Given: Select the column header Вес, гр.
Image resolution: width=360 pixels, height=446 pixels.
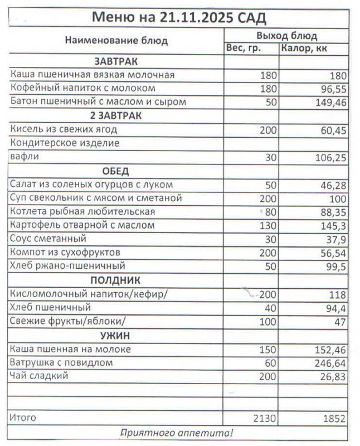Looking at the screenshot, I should click(243, 48).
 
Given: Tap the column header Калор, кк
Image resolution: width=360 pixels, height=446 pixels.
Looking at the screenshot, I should click(304, 48).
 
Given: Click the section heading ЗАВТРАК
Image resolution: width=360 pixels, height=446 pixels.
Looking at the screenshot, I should click(116, 61).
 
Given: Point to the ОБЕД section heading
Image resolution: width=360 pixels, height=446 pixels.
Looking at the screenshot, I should click(116, 171).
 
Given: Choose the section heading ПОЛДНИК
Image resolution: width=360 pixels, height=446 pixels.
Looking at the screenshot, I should click(116, 280).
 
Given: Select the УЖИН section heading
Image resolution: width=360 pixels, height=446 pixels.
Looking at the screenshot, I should click(116, 335).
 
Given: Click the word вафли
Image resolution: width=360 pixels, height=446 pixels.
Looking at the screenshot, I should click(22, 157).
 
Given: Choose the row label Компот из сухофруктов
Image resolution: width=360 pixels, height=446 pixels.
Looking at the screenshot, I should click(65, 253).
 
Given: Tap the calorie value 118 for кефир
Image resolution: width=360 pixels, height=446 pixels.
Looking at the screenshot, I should click(336, 294).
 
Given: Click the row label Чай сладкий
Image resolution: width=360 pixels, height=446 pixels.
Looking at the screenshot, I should click(39, 376).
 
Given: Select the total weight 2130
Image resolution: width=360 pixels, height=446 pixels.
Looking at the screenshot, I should click(264, 418).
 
